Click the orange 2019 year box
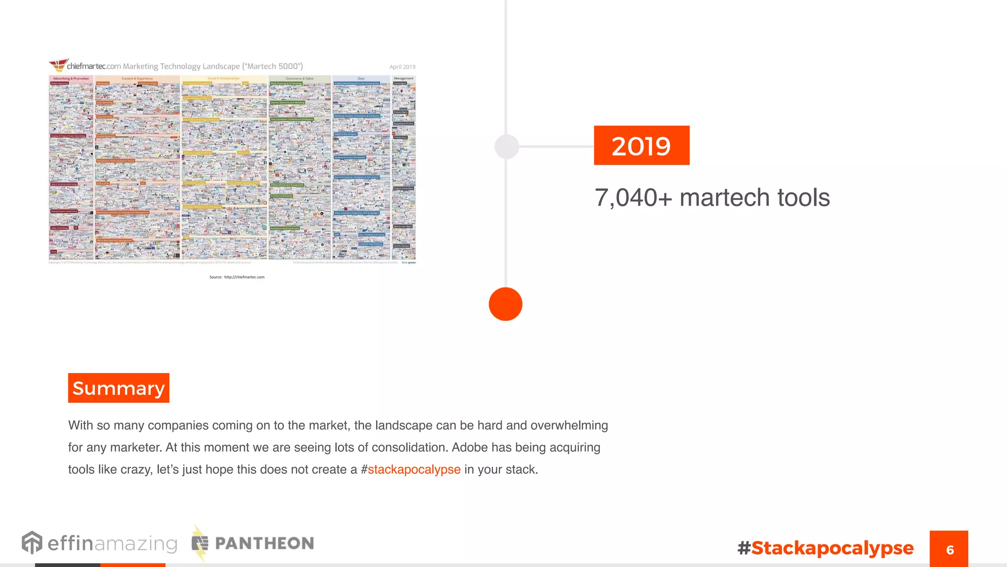pos(641,146)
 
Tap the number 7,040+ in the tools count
pos(633,198)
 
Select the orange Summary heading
pos(118,388)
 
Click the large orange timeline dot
pos(505,304)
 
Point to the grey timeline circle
pos(506,147)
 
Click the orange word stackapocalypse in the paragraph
pos(414,470)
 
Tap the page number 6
pos(949,549)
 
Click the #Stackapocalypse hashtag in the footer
pos(826,548)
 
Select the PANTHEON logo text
pos(265,543)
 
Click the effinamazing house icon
pos(32,543)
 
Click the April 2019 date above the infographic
pos(402,67)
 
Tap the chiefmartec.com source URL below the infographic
pos(244,277)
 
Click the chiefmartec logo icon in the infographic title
pos(58,64)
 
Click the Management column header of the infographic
pos(403,78)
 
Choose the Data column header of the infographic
pos(361,78)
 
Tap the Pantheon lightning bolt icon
pos(199,543)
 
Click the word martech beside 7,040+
pos(725,198)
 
